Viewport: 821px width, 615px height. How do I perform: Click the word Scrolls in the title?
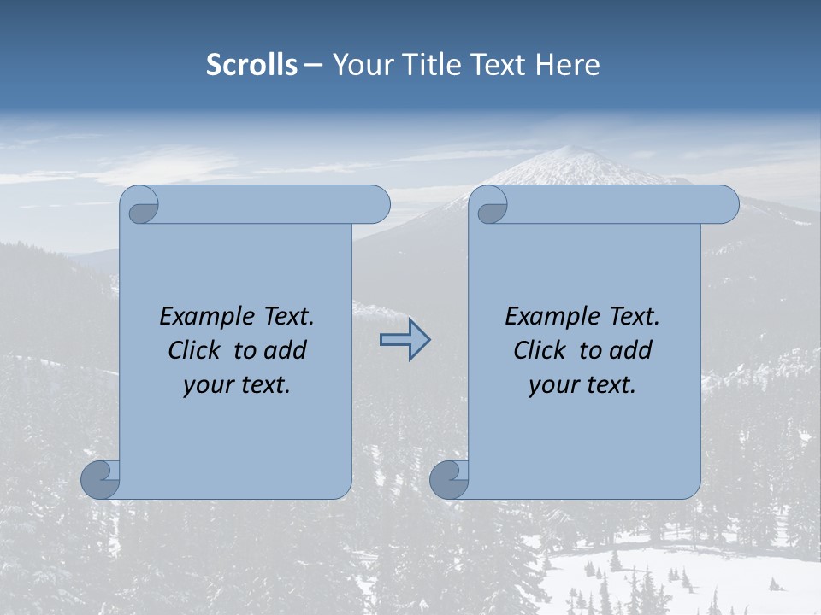click(x=251, y=65)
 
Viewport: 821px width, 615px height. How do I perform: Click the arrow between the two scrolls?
click(x=405, y=340)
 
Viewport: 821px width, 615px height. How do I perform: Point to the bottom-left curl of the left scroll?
click(x=101, y=478)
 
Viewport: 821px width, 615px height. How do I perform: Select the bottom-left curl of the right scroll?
click(x=450, y=478)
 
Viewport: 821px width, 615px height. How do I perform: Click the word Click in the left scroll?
click(x=195, y=350)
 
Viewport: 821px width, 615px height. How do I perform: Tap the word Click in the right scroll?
click(x=540, y=350)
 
